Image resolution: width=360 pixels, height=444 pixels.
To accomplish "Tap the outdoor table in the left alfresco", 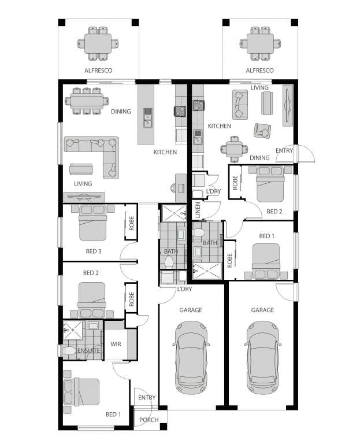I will [x=97, y=45].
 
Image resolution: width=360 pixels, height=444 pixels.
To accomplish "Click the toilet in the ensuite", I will [x=71, y=351].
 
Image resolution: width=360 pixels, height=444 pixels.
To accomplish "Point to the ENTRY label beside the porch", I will [x=147, y=398].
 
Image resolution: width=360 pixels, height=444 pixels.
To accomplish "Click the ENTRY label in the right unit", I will [x=284, y=151].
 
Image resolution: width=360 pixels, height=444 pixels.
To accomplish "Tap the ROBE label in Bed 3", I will [x=131, y=224].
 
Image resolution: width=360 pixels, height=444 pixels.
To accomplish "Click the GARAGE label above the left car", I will [x=190, y=310].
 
